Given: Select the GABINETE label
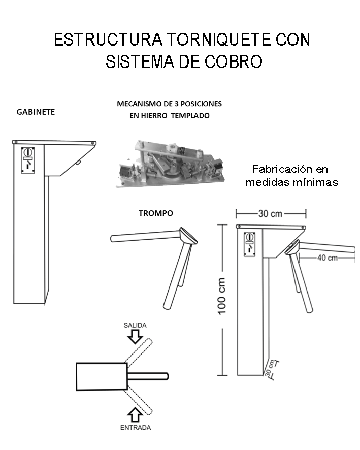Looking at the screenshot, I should [36, 112].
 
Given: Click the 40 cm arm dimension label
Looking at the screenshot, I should [327, 258].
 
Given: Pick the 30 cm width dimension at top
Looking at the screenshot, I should [270, 214].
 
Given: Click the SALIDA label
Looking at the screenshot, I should [135, 325].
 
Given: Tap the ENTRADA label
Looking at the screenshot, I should [135, 428].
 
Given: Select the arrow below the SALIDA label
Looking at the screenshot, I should [135, 336].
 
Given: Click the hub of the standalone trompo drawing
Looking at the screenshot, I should [186, 236].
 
